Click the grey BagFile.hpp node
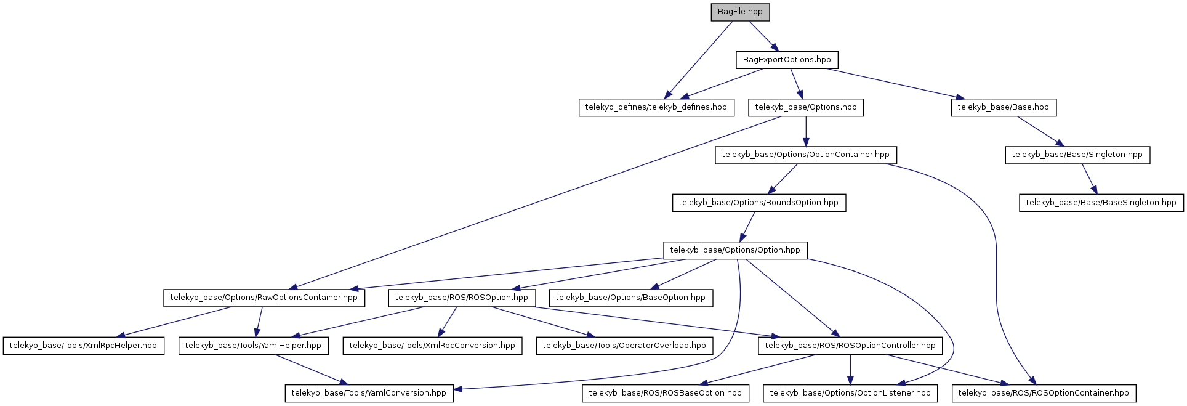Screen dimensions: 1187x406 pos(740,12)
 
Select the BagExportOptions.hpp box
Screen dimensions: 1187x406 pos(787,60)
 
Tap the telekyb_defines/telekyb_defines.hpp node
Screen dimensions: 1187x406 pos(656,107)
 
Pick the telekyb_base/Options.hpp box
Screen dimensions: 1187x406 pos(806,107)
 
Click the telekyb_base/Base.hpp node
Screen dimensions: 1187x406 pos(1004,107)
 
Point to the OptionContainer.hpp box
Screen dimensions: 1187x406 pos(806,155)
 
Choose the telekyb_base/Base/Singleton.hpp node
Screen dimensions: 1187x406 pos(1077,155)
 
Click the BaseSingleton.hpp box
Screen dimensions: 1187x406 pos(1101,203)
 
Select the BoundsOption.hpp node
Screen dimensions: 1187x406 pos(758,203)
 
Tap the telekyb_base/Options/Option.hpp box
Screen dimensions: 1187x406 pos(735,250)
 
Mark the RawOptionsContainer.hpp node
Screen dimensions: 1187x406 pos(264,298)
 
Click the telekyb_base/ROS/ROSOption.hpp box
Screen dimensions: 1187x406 pos(462,298)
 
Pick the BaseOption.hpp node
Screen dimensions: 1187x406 pos(630,298)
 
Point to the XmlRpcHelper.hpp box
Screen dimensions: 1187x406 pos(84,346)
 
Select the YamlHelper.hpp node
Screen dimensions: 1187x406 pos(253,346)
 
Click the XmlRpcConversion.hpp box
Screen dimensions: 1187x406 pos(432,346)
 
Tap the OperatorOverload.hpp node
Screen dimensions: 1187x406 pos(624,346)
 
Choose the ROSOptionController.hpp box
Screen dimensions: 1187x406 pos(850,346)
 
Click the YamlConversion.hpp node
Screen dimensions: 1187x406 pos(369,393)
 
